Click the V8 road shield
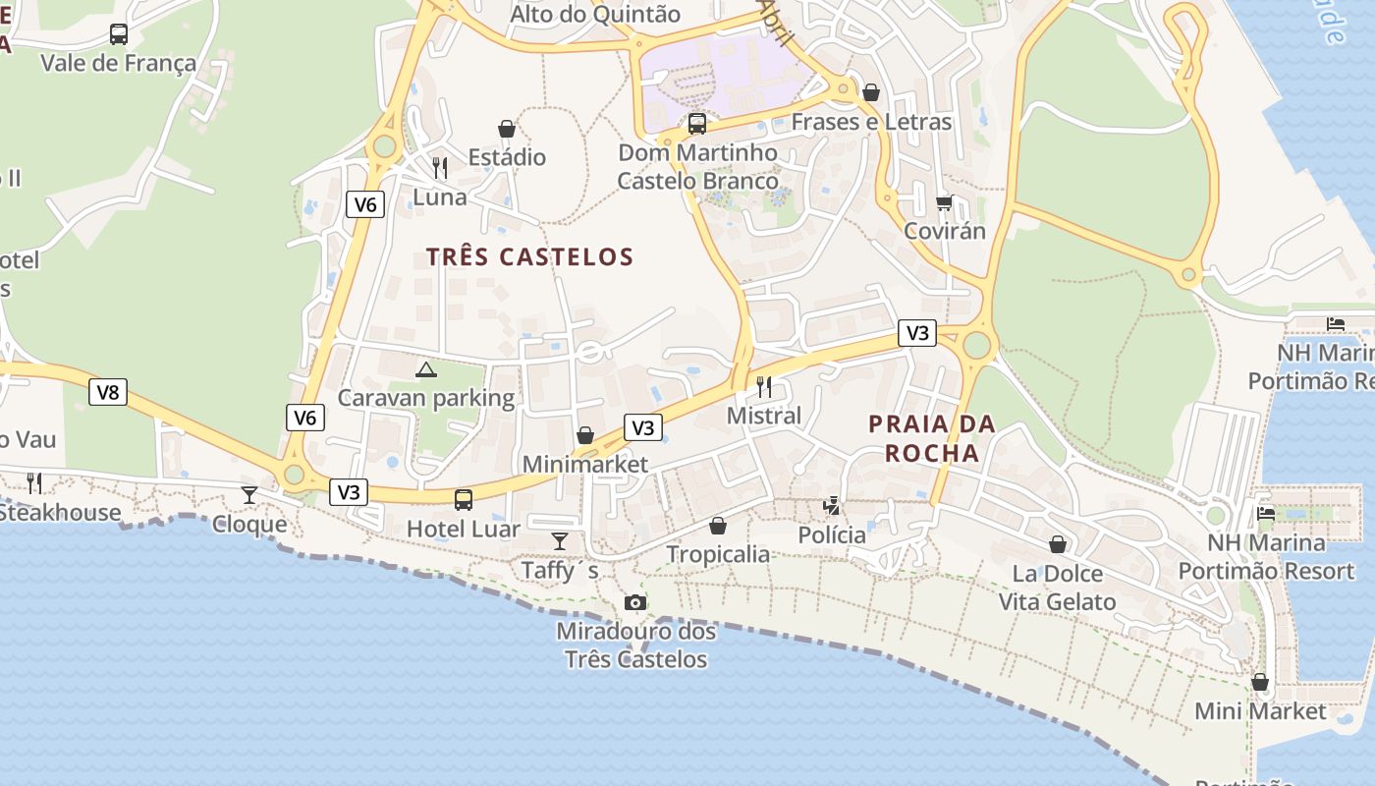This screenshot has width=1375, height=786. (x=108, y=393)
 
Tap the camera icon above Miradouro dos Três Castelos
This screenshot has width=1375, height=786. (x=635, y=602)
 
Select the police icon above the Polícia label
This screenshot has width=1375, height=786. (x=832, y=506)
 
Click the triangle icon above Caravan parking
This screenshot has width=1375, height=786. (x=425, y=370)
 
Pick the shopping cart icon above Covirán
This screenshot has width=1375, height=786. (x=945, y=203)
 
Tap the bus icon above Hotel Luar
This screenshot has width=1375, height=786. (x=464, y=499)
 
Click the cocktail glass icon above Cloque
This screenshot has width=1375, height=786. (x=249, y=494)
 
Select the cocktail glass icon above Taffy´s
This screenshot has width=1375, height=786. (x=560, y=540)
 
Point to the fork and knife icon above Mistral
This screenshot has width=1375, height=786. (x=764, y=386)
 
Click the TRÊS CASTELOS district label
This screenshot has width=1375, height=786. (x=530, y=257)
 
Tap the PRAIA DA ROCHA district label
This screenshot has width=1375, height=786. (x=932, y=438)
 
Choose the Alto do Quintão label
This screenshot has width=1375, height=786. (x=595, y=15)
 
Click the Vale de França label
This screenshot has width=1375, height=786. (x=119, y=64)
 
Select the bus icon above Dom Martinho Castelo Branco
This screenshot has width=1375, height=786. (x=697, y=124)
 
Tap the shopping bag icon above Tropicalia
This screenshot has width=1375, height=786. (x=718, y=526)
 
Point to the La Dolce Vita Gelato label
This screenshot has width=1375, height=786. (x=1058, y=588)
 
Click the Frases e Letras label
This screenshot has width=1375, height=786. (x=871, y=122)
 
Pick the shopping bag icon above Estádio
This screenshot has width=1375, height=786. (x=507, y=129)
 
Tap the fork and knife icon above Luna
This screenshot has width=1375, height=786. (x=440, y=168)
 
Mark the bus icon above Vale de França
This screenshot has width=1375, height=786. (x=119, y=34)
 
